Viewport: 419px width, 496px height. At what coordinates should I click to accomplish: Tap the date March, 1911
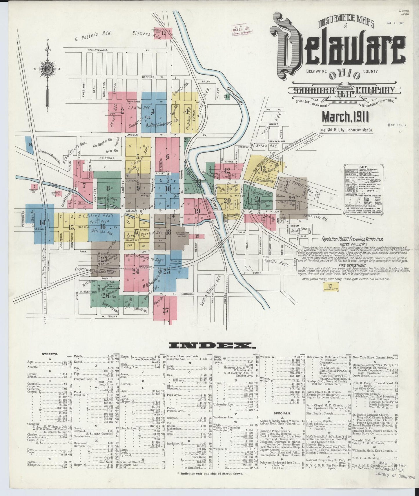click(345, 117)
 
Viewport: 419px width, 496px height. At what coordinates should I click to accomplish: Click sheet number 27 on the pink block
click(166, 310)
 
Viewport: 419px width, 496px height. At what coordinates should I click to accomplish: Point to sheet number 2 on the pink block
click(122, 111)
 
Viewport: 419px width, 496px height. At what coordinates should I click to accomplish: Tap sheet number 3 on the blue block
click(153, 111)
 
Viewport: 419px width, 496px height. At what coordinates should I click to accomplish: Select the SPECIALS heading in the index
click(283, 413)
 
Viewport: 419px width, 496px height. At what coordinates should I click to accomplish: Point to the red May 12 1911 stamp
click(241, 30)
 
